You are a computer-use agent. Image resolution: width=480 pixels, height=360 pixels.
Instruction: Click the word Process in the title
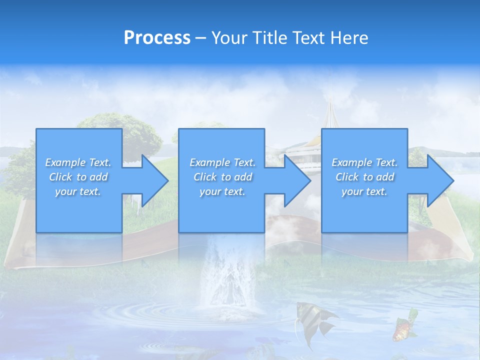click(157, 38)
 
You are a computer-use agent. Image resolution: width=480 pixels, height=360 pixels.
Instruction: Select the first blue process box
click(78, 210)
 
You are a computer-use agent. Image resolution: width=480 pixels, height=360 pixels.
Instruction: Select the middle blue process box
click(221, 210)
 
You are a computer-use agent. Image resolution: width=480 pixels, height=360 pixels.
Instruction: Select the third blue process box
click(364, 210)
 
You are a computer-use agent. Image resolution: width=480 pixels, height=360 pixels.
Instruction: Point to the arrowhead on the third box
click(439, 180)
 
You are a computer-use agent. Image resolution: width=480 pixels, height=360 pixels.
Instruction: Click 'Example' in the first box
click(65, 162)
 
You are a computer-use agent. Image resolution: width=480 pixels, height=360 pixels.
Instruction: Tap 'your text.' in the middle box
click(222, 191)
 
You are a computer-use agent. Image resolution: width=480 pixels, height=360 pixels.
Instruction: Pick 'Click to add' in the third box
click(365, 177)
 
